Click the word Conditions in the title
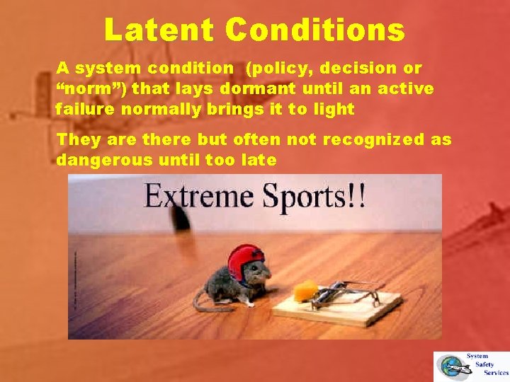pyautogui.click(x=316, y=30)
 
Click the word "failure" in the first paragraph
pyautogui.click(x=81, y=110)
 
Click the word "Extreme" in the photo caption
pyautogui.click(x=196, y=196)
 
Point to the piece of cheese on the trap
pyautogui.click(x=307, y=289)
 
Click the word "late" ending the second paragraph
pyautogui.click(x=261, y=160)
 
